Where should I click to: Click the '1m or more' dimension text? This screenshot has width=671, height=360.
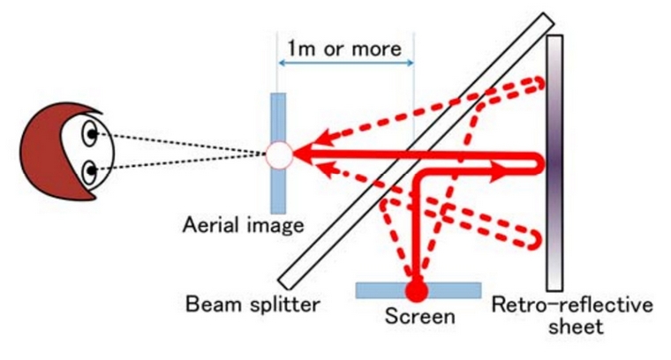point(344,49)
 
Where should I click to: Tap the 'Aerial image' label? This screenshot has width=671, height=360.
point(244,225)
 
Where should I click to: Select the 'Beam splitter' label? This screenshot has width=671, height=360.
point(253,304)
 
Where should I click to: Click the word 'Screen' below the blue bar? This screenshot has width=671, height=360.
point(419,317)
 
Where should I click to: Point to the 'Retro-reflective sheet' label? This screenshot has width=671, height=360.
point(573,315)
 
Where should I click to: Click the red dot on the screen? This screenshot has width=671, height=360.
point(417,290)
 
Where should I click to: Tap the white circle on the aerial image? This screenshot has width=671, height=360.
point(279,154)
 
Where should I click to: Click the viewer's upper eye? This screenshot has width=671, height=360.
point(90,134)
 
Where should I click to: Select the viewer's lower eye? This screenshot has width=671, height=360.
point(90,172)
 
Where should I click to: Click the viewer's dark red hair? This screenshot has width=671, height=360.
point(47,151)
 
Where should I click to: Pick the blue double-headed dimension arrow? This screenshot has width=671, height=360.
point(346,63)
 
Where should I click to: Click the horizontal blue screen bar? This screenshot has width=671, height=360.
point(418,290)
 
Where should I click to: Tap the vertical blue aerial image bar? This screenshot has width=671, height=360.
point(278,153)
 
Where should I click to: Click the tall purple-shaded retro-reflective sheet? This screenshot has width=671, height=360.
point(554,163)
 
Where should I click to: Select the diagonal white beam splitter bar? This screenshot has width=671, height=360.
point(416,151)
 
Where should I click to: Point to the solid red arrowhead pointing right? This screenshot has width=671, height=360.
point(498,172)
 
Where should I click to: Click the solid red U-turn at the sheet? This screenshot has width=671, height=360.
point(538,164)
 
